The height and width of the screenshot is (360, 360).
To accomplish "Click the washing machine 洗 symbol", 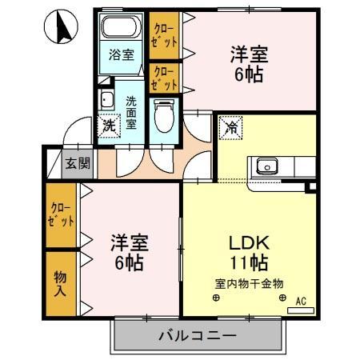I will coord(108,125).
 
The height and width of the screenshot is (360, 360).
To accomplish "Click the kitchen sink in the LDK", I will coord(266,167).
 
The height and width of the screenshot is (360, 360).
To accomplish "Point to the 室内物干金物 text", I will coord(250,283).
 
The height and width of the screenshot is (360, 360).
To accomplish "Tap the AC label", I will coord(301,301).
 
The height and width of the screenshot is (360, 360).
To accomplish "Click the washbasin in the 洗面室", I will coord(106,100).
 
